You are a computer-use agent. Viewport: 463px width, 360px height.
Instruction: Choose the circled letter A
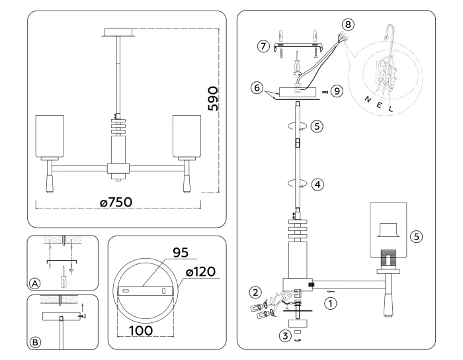point(34,283)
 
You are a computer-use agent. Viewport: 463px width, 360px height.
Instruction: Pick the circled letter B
point(34,343)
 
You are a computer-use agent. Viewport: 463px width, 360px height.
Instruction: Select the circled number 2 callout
point(255,291)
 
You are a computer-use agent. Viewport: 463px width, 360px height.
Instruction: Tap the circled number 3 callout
point(285,336)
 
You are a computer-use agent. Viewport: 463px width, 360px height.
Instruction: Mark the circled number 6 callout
point(256,88)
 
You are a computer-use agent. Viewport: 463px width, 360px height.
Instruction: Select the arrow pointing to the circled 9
point(325,91)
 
